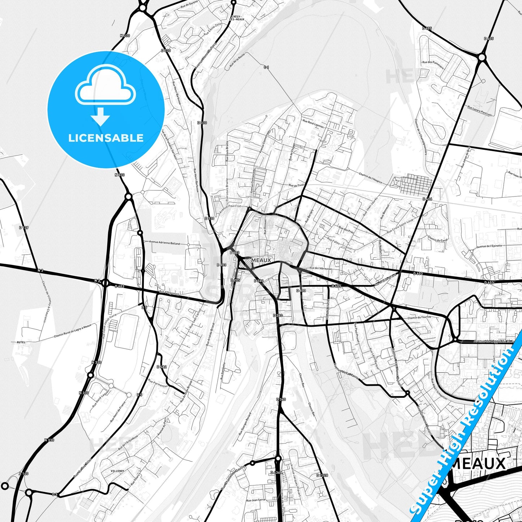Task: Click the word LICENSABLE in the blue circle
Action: coord(106,138)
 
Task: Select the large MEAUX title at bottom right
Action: coord(479,463)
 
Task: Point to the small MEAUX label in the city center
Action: coord(261,260)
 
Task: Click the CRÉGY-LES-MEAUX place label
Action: coord(237,18)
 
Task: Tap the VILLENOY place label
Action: coord(118,471)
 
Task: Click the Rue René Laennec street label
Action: coord(314,124)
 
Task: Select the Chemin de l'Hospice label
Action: coord(370,178)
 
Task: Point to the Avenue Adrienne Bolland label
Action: coord(164,243)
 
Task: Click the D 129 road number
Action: coord(23,228)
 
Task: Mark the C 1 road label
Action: coord(266,67)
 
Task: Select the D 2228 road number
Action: coord(322,475)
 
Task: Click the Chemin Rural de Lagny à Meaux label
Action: coord(73,331)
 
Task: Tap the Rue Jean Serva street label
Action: coord(255,500)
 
